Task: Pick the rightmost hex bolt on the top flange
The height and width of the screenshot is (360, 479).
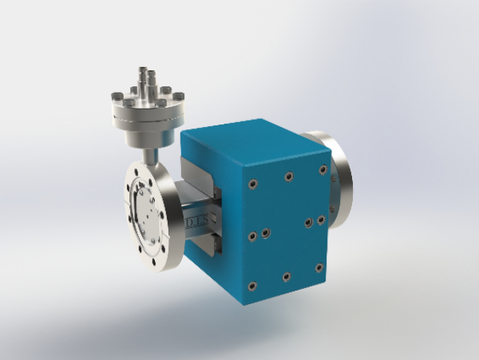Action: (180, 97)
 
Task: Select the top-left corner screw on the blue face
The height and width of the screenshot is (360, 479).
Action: (253, 184)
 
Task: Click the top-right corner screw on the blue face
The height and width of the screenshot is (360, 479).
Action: (323, 169)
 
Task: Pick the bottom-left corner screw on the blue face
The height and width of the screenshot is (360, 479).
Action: (253, 285)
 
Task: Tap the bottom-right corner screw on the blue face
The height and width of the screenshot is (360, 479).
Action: (319, 267)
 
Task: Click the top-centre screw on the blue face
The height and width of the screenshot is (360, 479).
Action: (288, 177)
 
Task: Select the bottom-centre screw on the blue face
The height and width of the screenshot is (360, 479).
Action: (286, 276)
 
